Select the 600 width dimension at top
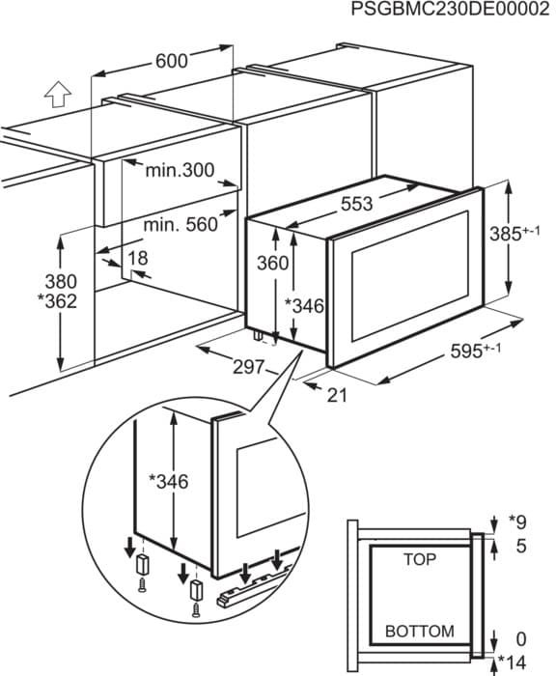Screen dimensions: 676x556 pyautogui.click(x=171, y=61)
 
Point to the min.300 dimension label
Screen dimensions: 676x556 pyautogui.click(x=179, y=171)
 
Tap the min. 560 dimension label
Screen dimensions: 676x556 pyautogui.click(x=181, y=224)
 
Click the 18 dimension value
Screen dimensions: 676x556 pyautogui.click(x=138, y=258)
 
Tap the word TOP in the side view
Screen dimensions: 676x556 pyautogui.click(x=419, y=559)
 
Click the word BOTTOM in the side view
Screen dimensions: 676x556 pyautogui.click(x=419, y=631)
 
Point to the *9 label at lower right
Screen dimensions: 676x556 pyautogui.click(x=518, y=522)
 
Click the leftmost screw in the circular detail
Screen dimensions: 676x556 pyautogui.click(x=142, y=585)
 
